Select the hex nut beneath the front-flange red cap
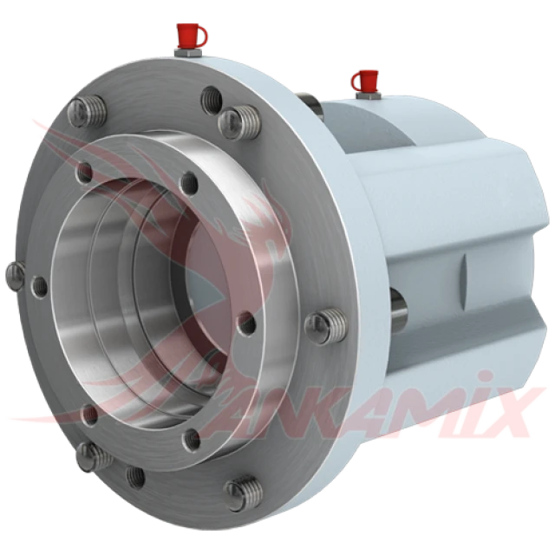tap(187, 54)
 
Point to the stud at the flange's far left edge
tap(16, 277)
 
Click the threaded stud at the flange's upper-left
tap(87, 112)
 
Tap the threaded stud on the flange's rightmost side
tap(326, 324)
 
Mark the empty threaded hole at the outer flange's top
tap(212, 99)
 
